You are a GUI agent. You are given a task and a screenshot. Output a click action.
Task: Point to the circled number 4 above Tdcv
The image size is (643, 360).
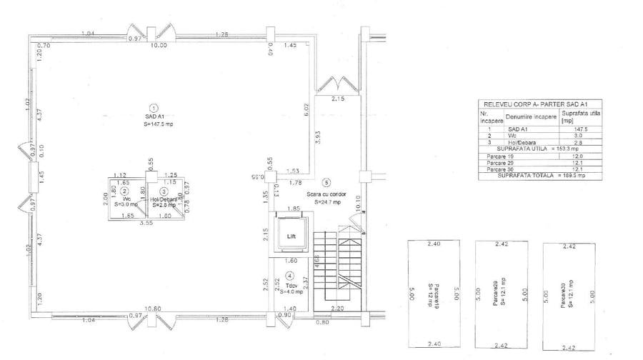click(x=289, y=276)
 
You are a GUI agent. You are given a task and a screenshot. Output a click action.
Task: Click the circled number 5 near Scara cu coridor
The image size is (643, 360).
click(x=327, y=182)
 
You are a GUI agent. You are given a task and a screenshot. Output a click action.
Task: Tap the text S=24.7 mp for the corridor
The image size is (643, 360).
click(x=329, y=202)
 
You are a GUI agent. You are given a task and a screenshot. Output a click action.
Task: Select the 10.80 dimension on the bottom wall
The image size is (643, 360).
click(x=154, y=309)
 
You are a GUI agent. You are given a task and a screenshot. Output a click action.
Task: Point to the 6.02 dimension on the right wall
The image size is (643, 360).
click(x=307, y=110)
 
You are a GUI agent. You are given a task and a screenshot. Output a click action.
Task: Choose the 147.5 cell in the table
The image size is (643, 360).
click(x=569, y=129)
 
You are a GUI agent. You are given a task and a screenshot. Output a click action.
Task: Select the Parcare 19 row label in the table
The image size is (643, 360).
click(x=492, y=156)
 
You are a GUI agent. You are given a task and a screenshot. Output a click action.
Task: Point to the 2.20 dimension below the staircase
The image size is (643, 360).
click(x=338, y=308)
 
